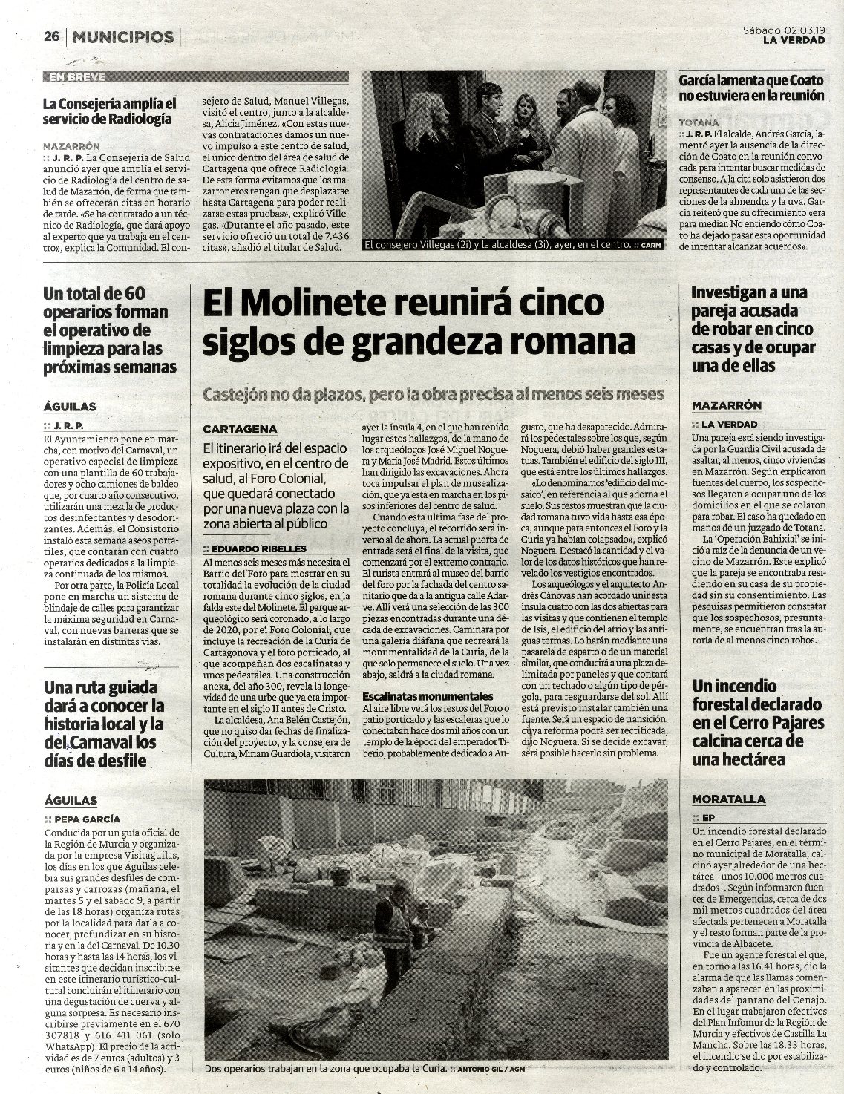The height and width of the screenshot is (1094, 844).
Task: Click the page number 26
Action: (51, 36)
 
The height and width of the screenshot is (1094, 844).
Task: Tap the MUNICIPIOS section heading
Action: (124, 36)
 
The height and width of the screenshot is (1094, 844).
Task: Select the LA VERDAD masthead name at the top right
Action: (794, 41)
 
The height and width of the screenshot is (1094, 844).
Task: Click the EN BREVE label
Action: (76, 76)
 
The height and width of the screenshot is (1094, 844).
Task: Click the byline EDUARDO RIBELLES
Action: (250, 548)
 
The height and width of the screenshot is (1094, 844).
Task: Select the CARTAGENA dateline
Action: (240, 429)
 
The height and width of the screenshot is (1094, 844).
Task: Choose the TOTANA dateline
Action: (699, 122)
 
